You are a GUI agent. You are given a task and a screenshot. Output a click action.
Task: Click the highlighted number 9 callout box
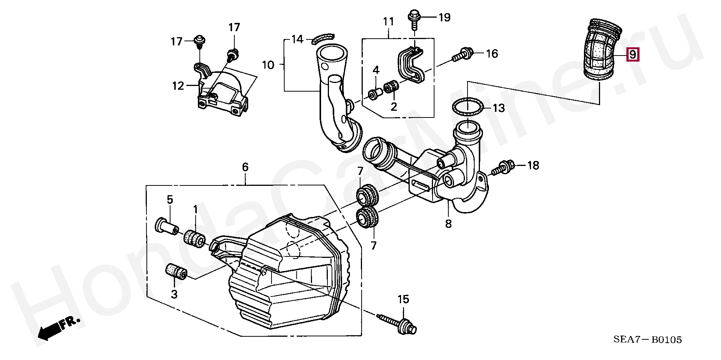point(633,55)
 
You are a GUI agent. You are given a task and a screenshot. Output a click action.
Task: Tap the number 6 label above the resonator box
point(245,167)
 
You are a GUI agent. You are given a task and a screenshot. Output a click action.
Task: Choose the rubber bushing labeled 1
point(195,239)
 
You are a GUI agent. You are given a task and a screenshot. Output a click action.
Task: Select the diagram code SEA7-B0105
point(647,340)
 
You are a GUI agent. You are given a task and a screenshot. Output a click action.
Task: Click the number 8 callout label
point(448,224)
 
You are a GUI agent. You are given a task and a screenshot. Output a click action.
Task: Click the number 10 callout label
point(268,65)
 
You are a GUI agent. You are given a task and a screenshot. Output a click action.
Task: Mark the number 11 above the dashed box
point(388,22)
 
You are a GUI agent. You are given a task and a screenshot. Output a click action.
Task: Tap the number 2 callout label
point(394,107)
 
